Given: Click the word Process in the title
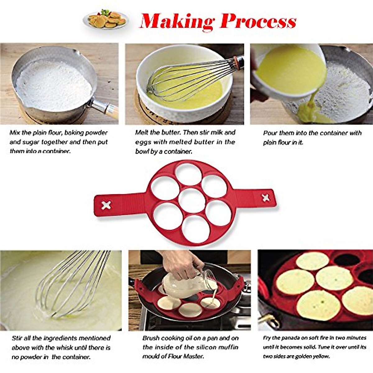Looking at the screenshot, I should [258, 21].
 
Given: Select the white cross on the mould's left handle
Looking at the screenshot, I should [106, 205].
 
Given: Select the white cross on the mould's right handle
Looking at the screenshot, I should [266, 198].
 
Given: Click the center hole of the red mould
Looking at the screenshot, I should [192, 200].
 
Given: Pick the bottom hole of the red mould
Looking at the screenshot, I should [196, 229].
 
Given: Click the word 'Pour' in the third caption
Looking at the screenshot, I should [270, 133].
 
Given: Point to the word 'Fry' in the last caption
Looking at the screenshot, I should [267, 338].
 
